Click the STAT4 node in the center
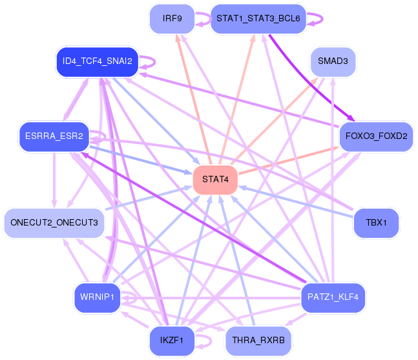pyautogui.click(x=215, y=180)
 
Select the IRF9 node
pyautogui.click(x=172, y=19)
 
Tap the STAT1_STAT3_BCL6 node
pyautogui.click(x=258, y=19)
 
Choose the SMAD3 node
pyautogui.click(x=333, y=62)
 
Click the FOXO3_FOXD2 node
pyautogui.click(x=376, y=136)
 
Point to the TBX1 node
pyautogui.click(x=376, y=223)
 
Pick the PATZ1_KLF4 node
pyautogui.click(x=333, y=297)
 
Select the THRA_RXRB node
pyautogui.click(x=258, y=341)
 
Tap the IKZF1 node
pyautogui.click(x=172, y=341)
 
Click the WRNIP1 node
pyautogui.click(x=98, y=297)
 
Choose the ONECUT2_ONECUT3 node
pyautogui.click(x=54, y=223)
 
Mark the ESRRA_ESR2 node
pyautogui.click(x=54, y=136)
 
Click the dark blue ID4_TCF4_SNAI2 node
pyautogui.click(x=98, y=62)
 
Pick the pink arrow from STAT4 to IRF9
pyautogui.click(x=193, y=99)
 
